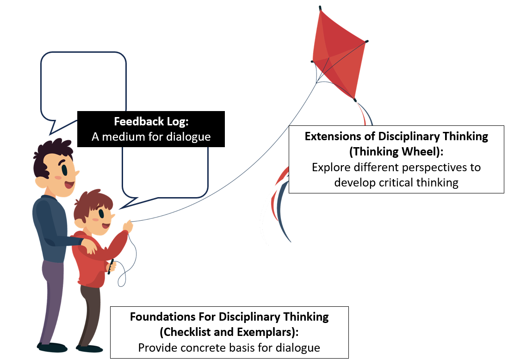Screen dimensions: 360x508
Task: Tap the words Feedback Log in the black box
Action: (x=151, y=122)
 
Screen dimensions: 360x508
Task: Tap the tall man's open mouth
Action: (x=70, y=186)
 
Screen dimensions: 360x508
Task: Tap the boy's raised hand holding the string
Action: (x=127, y=227)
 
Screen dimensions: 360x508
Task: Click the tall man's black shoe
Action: (x=52, y=347)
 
